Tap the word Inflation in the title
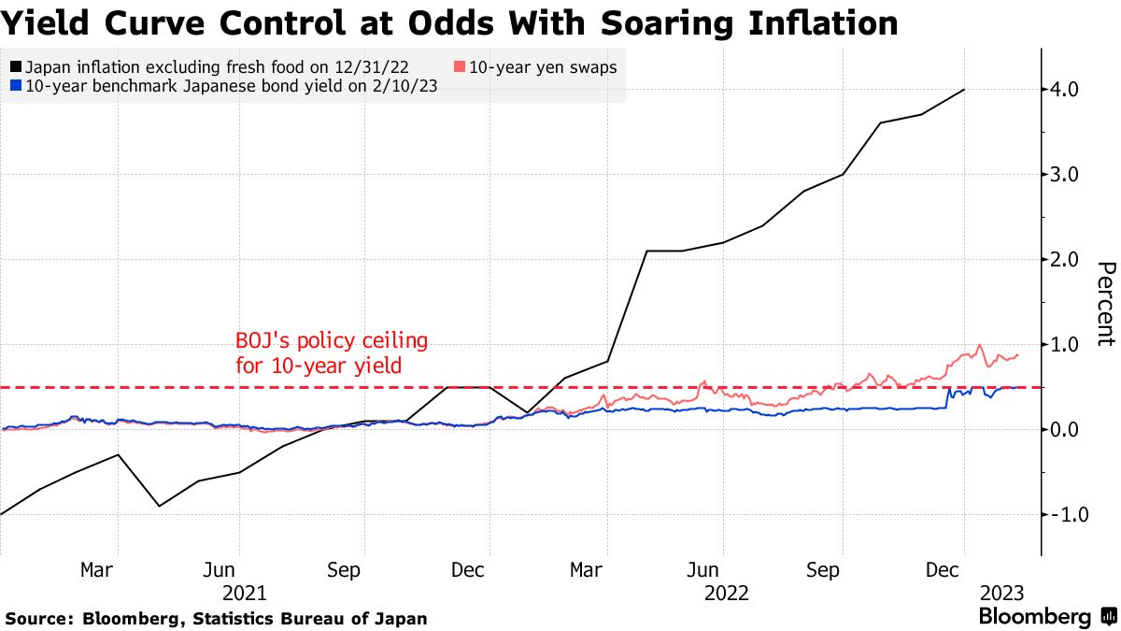tap(812, 22)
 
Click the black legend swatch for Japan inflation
tap(15, 67)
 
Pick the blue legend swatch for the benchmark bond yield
tap(15, 86)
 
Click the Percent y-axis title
tap(1105, 304)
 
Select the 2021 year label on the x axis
tap(245, 593)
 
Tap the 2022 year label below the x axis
tap(727, 593)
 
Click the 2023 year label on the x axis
tap(1002, 593)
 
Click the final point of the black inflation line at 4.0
tap(964, 90)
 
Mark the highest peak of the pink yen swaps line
tap(979, 345)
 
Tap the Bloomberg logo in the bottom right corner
tap(1046, 617)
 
